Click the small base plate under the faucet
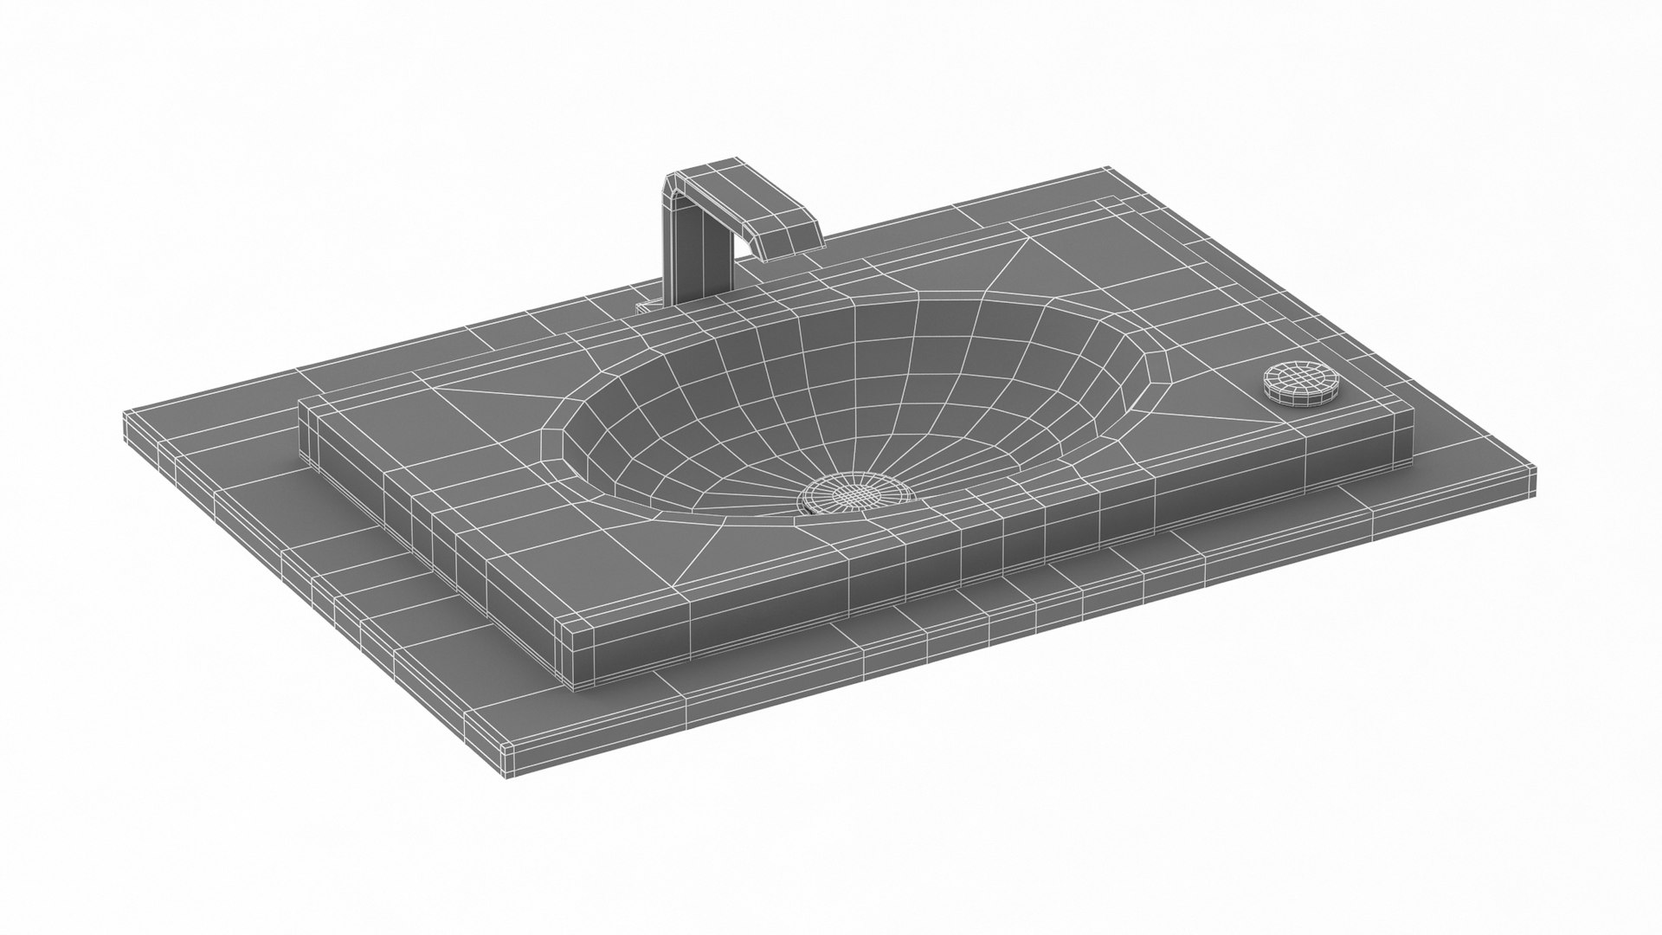tap(649, 306)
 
